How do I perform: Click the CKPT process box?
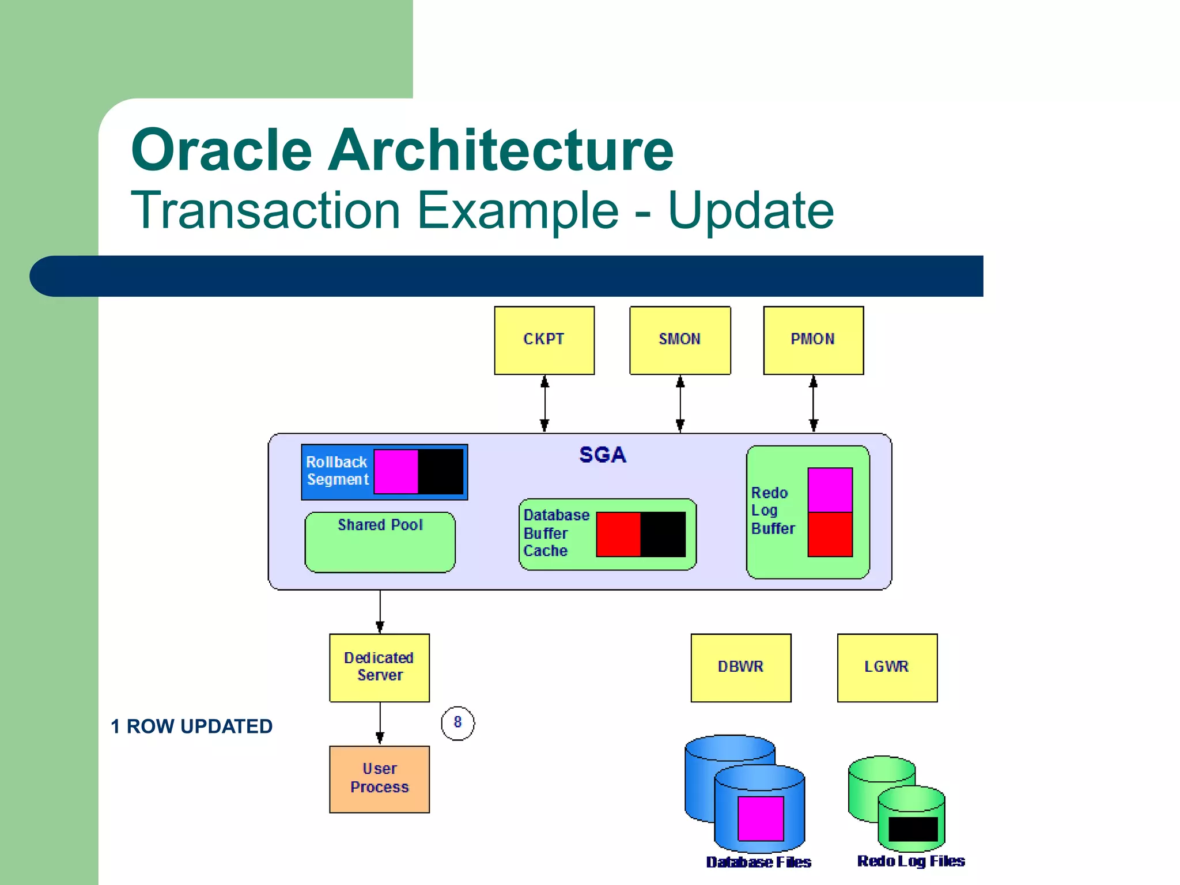544,340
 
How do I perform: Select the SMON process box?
680,340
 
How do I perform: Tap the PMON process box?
813,340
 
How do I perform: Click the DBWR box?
740,667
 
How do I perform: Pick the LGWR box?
887,667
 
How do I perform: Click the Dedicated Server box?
379,667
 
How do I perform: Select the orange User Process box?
379,779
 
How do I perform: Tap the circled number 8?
457,723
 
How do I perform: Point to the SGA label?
602,455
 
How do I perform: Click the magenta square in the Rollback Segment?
396,471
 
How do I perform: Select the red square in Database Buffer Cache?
618,534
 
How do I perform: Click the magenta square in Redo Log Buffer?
830,490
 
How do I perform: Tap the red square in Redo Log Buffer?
830,534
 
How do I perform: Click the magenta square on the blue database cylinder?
761,818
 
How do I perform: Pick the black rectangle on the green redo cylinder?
913,829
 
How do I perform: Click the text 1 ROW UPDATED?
191,727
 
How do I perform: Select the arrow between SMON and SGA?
680,404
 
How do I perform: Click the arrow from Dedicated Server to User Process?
380,724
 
